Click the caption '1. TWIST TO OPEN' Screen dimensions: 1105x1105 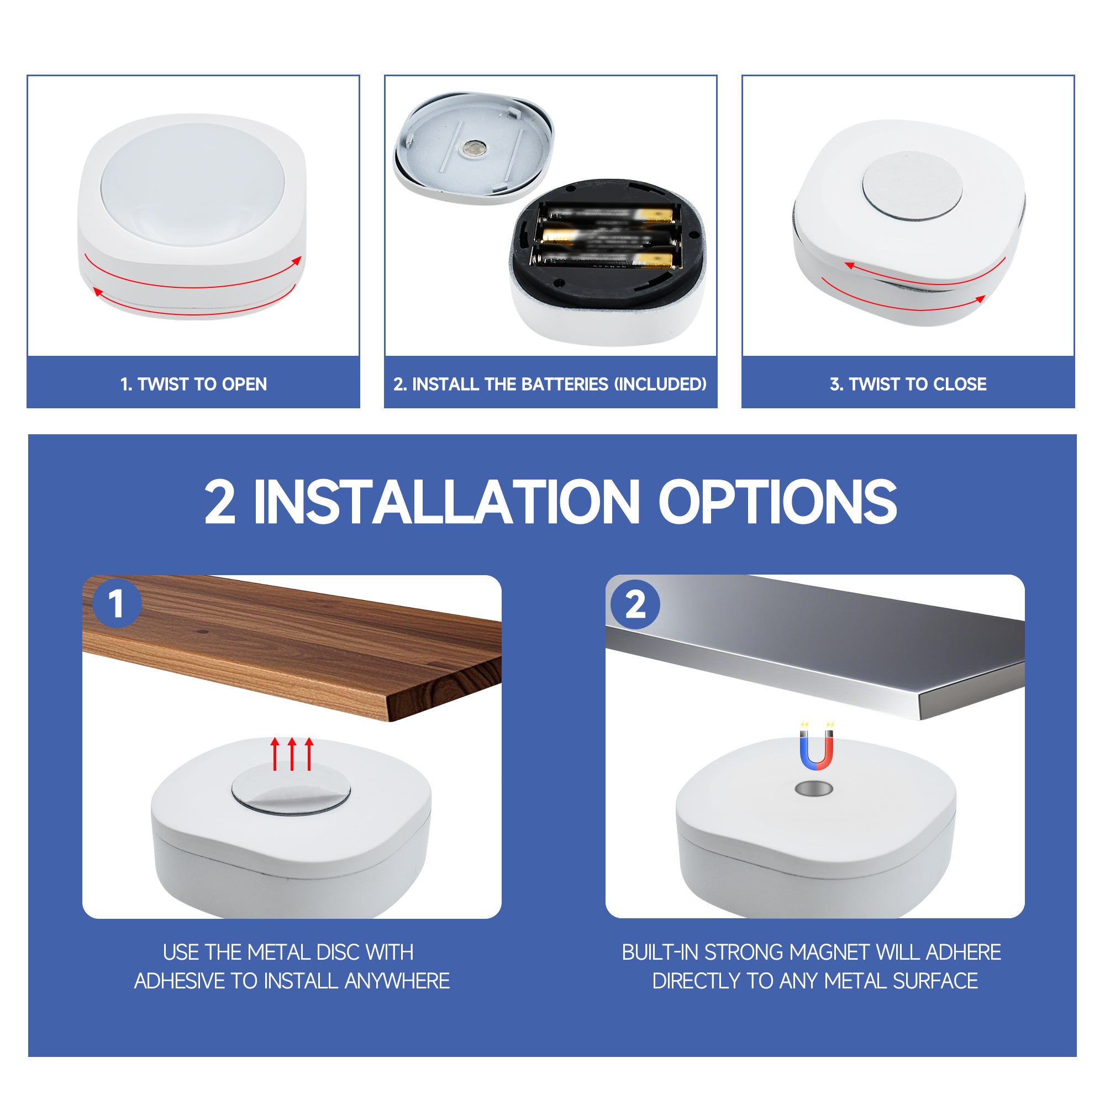click(x=193, y=384)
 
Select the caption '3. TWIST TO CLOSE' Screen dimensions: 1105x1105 click(x=908, y=384)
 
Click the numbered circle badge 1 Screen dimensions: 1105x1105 click(x=117, y=604)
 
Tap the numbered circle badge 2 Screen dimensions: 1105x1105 click(x=635, y=604)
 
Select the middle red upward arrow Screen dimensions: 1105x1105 click(x=292, y=754)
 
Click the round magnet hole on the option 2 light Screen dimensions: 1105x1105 click(x=814, y=790)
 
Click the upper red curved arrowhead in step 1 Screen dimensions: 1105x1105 click(x=296, y=261)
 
